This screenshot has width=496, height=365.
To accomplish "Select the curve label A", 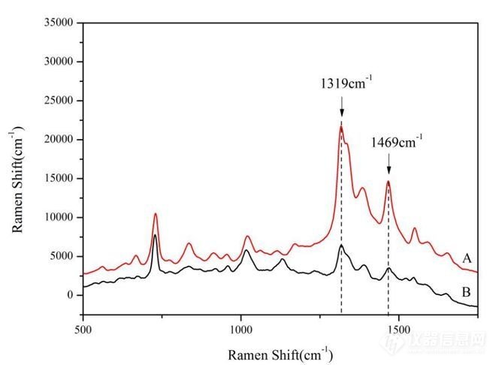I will [467, 258].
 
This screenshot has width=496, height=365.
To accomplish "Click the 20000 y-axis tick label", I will [59, 140].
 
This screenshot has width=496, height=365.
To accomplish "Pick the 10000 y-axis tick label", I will [59, 217].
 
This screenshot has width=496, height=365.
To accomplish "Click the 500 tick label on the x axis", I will [83, 329].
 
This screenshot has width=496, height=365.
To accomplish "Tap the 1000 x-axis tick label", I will [240, 329].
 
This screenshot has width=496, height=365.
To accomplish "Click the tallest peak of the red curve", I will [341, 126].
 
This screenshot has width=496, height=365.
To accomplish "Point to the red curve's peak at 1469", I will [389, 181].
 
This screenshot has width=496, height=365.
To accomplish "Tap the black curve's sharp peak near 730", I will [155, 235].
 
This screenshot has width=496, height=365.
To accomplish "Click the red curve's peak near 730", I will [156, 214].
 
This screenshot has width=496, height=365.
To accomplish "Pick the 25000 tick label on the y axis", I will [59, 101].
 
